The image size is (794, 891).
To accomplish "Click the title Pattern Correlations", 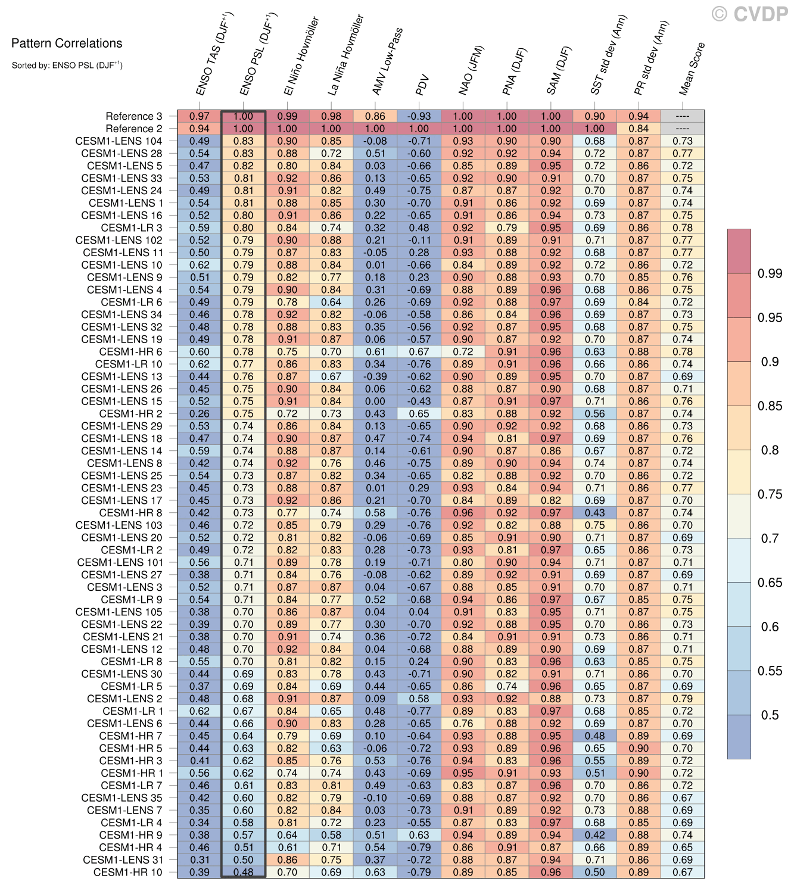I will (67, 43).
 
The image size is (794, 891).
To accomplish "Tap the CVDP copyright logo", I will (750, 14).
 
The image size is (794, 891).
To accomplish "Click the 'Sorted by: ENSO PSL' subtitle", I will (67, 65).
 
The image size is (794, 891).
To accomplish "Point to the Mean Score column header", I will (692, 68).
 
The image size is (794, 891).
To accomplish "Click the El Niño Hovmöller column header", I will (301, 57).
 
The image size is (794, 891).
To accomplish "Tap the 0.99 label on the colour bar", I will (770, 273).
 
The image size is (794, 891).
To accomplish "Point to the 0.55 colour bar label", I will (770, 671).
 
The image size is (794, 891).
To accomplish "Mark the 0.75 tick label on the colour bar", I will (770, 494).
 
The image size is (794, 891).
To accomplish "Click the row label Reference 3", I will (134, 116).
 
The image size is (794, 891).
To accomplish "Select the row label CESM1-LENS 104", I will (119, 141).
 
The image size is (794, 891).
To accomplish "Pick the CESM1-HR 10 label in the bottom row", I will (127, 872).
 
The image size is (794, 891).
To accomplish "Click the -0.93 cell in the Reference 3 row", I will (419, 116).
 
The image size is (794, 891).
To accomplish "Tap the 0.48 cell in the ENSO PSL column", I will (243, 872).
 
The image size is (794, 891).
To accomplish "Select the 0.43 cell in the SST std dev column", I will (594, 513).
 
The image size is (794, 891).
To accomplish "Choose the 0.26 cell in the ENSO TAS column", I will (200, 413).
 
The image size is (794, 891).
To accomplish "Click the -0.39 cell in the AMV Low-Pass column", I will (375, 376).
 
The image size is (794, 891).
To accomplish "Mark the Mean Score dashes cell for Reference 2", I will (683, 129).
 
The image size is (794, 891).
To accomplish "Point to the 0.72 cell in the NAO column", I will (463, 351).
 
